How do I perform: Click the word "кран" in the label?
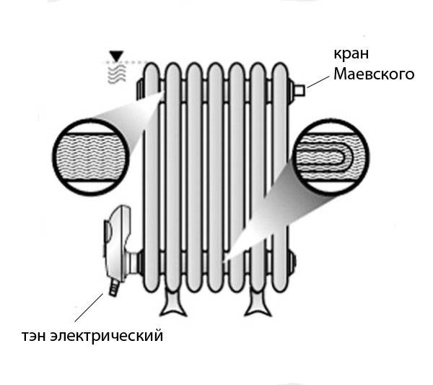click(349, 56)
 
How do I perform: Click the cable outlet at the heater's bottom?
click(113, 288)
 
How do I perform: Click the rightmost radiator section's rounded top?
click(278, 70)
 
